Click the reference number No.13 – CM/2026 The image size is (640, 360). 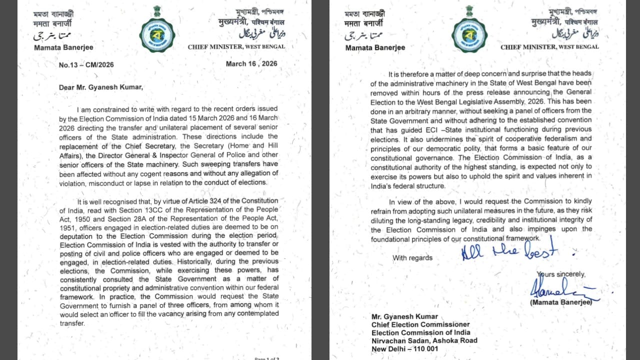pos(86,65)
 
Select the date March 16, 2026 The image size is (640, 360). pos(251,64)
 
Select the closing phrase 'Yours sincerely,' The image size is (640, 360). pos(560,274)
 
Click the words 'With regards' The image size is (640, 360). pos(412,258)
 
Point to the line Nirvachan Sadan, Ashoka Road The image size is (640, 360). pos(424,340)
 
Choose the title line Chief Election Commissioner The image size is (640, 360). pos(420,324)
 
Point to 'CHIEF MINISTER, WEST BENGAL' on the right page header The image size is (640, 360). pos(549,46)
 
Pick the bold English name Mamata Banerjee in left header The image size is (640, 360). pos(63,47)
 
